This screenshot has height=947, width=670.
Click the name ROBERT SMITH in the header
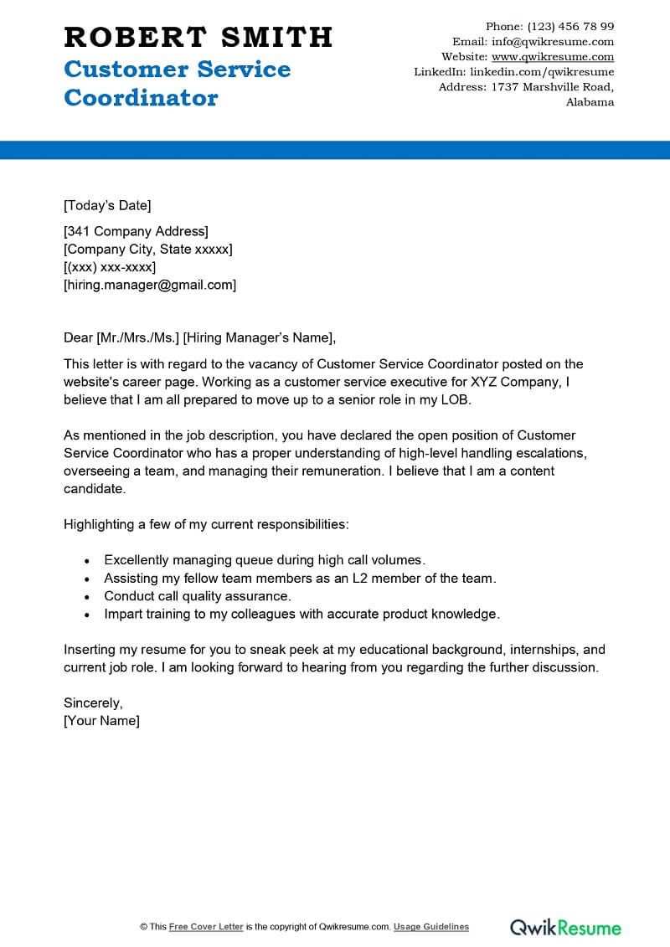coord(198,37)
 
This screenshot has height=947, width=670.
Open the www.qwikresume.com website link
coord(553,57)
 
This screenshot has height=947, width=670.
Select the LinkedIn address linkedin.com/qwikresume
coord(542,72)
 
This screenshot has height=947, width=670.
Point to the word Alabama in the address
coord(590,102)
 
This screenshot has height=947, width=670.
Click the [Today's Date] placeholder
coord(107,205)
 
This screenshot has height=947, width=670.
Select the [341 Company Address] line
coord(136,231)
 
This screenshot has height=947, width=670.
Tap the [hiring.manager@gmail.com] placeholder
coord(150,285)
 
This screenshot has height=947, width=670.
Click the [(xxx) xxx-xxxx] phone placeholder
coord(110,267)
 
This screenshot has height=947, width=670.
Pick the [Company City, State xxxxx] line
coord(148,250)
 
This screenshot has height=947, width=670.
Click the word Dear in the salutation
coord(78,337)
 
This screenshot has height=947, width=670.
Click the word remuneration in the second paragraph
coord(327,471)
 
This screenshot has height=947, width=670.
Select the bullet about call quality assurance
coord(197,596)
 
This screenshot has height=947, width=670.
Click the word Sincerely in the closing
coord(93,703)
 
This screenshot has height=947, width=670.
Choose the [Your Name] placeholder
coord(101,720)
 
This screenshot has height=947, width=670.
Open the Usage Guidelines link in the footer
coord(431,927)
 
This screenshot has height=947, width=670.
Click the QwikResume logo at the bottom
coord(565,927)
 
